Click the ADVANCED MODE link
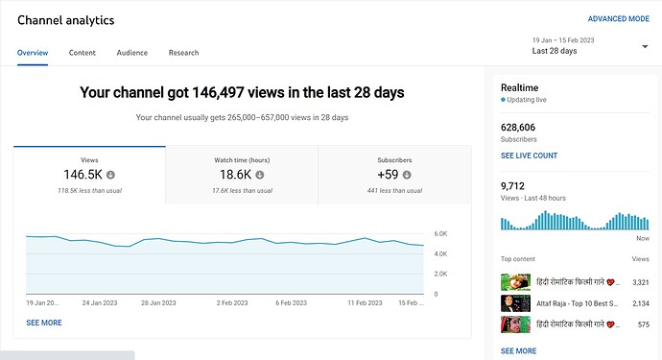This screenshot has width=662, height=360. (619, 19)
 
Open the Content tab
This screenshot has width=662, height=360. (83, 53)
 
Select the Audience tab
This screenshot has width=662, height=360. (132, 53)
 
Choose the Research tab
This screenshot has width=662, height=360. (183, 53)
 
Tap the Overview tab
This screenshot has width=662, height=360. (33, 53)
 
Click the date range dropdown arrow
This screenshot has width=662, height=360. (645, 46)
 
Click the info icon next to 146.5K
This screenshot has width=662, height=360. (110, 175)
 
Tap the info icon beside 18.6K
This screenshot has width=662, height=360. (260, 175)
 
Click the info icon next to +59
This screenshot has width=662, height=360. (407, 175)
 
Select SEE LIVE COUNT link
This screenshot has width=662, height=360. (529, 156)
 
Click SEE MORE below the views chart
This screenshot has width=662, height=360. (44, 323)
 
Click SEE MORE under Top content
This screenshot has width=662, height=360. (518, 351)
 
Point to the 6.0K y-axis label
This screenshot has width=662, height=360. (440, 233)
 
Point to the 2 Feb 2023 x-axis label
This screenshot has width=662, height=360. (232, 303)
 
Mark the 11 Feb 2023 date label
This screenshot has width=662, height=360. (365, 303)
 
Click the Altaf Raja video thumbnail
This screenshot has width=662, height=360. (515, 303)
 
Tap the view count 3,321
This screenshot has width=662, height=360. (641, 282)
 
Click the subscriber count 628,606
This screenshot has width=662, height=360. (518, 127)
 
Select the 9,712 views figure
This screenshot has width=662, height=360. (512, 186)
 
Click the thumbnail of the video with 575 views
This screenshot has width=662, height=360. (515, 324)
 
